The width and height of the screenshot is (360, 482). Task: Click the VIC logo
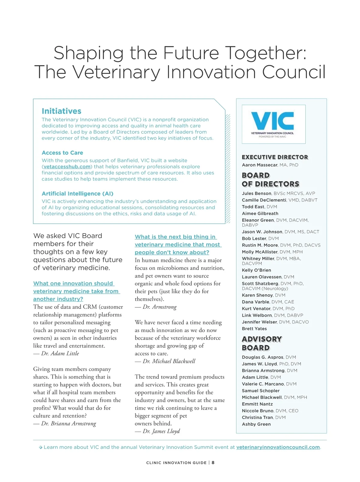click(273, 124)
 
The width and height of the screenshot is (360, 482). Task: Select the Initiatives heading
click(61, 111)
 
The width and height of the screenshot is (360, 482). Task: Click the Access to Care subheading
click(62, 153)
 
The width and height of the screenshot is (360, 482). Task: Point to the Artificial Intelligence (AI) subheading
click(77, 194)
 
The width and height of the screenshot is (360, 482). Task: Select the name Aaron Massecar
click(260, 165)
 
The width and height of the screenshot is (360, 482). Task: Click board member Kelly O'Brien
click(256, 270)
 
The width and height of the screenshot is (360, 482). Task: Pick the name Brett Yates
click(254, 329)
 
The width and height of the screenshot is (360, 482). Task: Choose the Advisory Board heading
click(262, 343)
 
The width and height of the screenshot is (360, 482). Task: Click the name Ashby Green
click(256, 424)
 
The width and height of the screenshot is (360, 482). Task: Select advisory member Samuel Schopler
click(261, 391)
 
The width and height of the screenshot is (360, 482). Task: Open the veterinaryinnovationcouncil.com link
click(278, 447)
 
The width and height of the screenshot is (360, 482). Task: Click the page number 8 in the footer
click(213, 462)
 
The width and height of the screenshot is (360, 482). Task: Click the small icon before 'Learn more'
click(40, 447)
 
